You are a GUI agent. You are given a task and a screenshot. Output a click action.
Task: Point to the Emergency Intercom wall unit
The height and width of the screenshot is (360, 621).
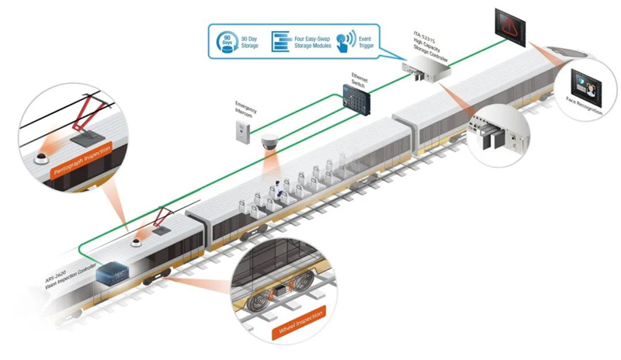242,133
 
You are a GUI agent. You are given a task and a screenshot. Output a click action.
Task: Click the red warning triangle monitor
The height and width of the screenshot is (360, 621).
512,25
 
